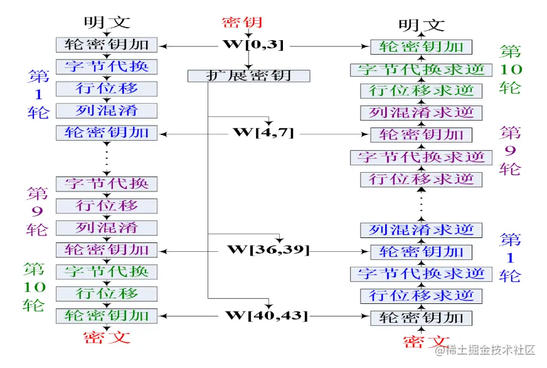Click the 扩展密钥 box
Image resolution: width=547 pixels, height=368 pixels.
[249, 76]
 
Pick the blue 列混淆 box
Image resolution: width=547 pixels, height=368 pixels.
[107, 111]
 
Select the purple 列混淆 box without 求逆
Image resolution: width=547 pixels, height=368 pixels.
[107, 227]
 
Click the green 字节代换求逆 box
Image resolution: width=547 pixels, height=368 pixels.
[421, 69]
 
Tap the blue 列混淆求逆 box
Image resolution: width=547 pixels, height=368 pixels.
[421, 230]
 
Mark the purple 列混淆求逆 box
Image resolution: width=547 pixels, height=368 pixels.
[421, 113]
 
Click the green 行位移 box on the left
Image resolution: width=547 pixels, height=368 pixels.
[107, 293]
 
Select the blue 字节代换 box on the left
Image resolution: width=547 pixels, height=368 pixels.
[107, 66]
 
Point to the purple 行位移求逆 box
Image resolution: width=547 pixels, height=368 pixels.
[421, 180]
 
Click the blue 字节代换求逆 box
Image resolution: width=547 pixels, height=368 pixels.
[421, 274]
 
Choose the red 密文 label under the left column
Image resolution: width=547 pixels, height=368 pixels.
[107, 337]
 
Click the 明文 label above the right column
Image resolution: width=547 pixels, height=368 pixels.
[422, 25]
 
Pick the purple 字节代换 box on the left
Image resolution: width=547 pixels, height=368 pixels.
[107, 183]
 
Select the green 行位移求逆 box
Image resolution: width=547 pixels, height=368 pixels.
[421, 91]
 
